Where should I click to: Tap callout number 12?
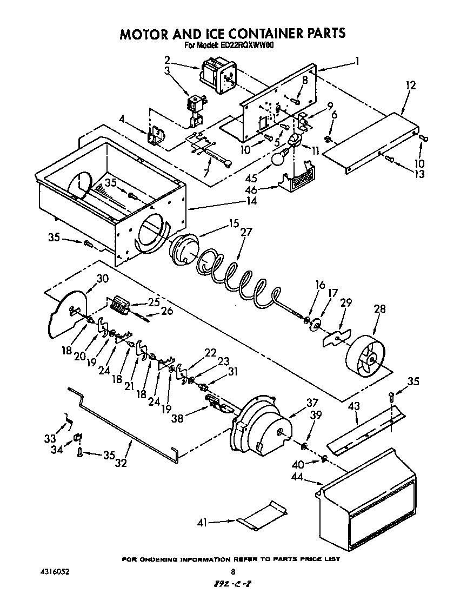coord(411,85)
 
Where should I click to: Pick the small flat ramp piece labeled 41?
coord(263,517)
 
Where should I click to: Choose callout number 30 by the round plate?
coord(102,279)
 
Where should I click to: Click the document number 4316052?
coord(55,571)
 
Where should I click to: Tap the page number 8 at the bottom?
coord(233,571)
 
